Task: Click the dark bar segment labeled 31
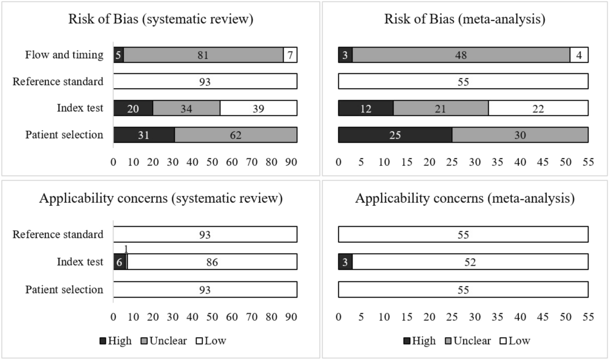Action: tap(144, 135)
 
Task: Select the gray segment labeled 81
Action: tap(203, 55)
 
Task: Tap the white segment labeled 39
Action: tap(258, 108)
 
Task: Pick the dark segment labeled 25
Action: tap(395, 135)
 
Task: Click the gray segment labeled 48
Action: tap(461, 55)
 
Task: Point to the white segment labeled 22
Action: tap(538, 108)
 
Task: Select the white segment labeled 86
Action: tap(212, 262)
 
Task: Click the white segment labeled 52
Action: tap(470, 262)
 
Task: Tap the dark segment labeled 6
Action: tap(119, 262)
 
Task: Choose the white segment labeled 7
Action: tap(290, 55)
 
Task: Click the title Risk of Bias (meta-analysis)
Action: tap(464, 19)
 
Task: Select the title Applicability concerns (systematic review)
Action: tap(161, 198)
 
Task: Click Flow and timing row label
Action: tap(64, 55)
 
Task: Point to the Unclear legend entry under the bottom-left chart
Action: tap(164, 341)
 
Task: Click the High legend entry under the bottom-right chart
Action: tap(419, 341)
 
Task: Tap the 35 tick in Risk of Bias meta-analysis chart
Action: tap(497, 162)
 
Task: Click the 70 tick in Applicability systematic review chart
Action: tap(252, 317)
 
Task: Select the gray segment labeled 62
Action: tap(235, 135)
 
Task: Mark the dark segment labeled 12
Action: tap(365, 108)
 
